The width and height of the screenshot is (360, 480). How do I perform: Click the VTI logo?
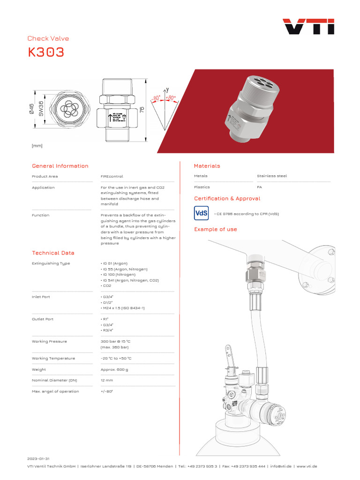coord(308,27)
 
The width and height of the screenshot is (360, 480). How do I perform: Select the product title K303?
coord(46,52)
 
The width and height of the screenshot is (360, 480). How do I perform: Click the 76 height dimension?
coord(142,109)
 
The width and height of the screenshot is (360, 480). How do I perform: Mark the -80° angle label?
coord(156,98)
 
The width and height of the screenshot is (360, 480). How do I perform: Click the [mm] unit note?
coord(37,146)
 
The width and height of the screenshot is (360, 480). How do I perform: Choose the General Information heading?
coord(60,166)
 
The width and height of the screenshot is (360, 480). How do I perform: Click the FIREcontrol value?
coord(112,177)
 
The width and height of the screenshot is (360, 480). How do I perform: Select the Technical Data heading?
coord(53,253)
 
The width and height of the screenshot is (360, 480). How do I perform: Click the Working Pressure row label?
coord(49,342)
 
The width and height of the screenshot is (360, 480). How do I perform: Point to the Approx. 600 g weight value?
coord(114,370)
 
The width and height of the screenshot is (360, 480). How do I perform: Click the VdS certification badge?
coord(201,213)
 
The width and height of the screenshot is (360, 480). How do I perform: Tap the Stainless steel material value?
coord(272,176)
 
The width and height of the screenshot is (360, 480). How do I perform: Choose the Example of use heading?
coord(216,229)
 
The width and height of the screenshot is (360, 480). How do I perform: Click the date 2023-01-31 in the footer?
coord(38,458)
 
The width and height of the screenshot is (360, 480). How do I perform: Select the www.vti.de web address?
coord(307,466)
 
